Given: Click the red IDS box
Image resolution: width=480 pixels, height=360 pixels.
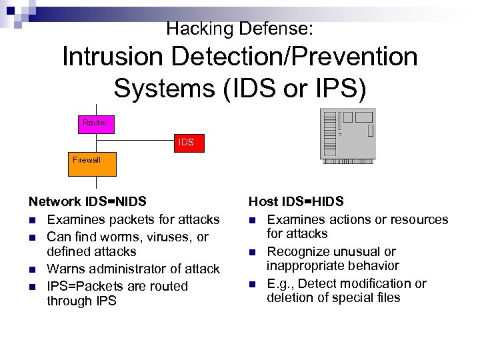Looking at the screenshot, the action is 186,143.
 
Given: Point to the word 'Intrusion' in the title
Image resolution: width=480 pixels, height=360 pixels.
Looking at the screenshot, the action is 112,57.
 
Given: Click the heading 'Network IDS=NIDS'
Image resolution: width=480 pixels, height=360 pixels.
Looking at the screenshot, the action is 87,201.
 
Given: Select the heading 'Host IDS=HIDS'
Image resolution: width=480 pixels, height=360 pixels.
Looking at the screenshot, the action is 296,201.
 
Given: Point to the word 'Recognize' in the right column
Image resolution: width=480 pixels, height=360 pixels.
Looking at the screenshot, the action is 297,252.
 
